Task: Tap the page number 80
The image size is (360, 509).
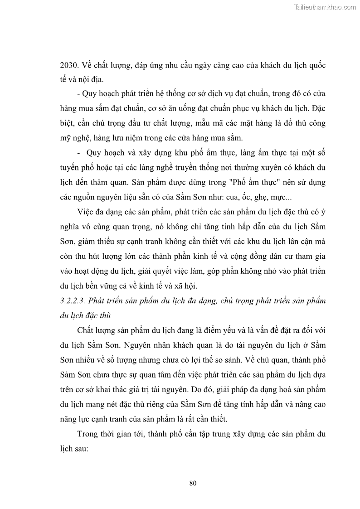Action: click(x=193, y=483)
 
